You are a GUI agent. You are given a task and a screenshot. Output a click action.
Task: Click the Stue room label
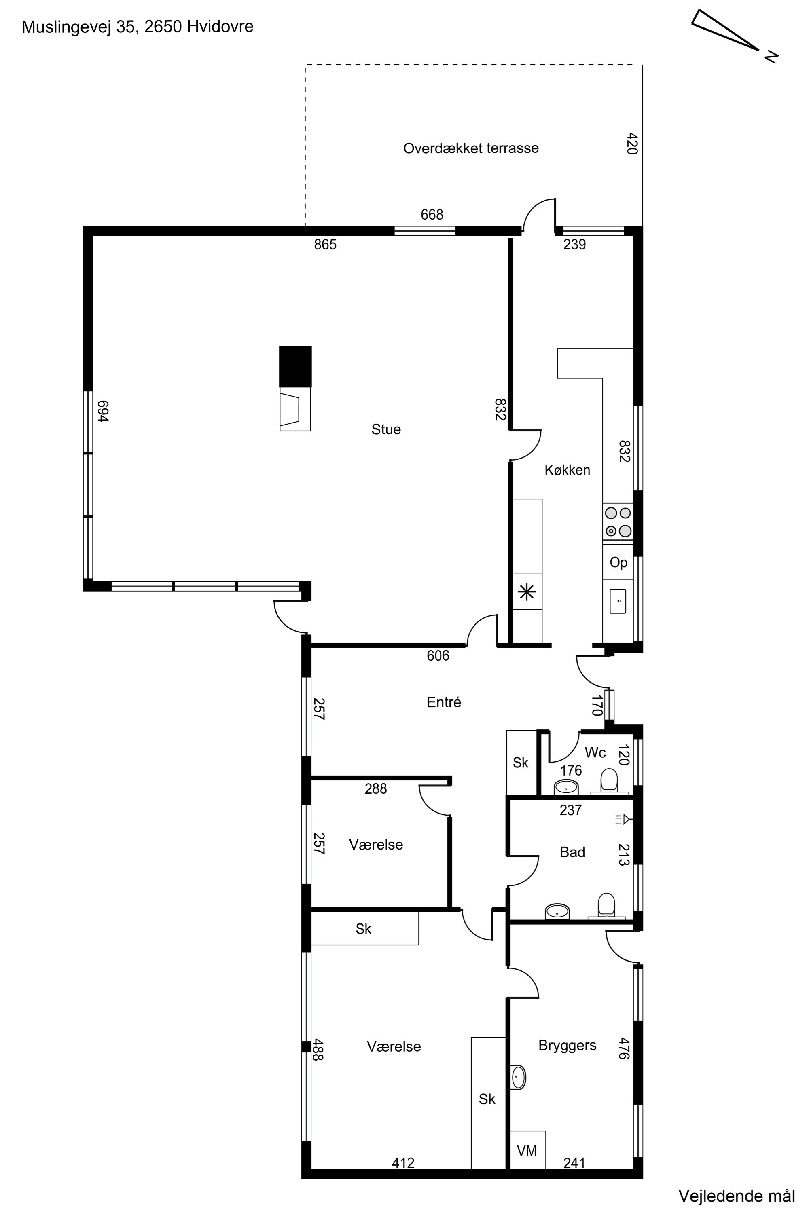(x=386, y=429)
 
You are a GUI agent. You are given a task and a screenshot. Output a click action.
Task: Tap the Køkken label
(x=567, y=470)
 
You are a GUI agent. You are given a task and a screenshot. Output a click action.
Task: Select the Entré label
(x=444, y=702)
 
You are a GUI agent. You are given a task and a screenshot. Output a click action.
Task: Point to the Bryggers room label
(x=567, y=1045)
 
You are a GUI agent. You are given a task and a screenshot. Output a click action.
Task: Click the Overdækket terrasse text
(x=470, y=148)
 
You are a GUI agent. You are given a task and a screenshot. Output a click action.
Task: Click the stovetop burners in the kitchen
(x=618, y=522)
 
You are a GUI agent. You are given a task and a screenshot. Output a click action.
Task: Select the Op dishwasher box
(x=618, y=562)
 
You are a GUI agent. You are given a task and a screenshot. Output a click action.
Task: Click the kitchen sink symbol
(x=618, y=601)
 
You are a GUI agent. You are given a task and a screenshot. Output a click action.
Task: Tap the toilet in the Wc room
(x=609, y=780)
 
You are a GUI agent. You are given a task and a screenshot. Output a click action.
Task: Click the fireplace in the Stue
(x=296, y=388)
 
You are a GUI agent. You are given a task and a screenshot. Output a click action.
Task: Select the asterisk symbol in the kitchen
(x=527, y=592)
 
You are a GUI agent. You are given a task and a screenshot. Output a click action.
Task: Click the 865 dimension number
(x=325, y=245)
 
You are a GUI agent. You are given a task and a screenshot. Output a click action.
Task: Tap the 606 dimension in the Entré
(x=438, y=655)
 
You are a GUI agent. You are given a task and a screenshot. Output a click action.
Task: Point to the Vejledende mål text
(x=736, y=1196)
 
